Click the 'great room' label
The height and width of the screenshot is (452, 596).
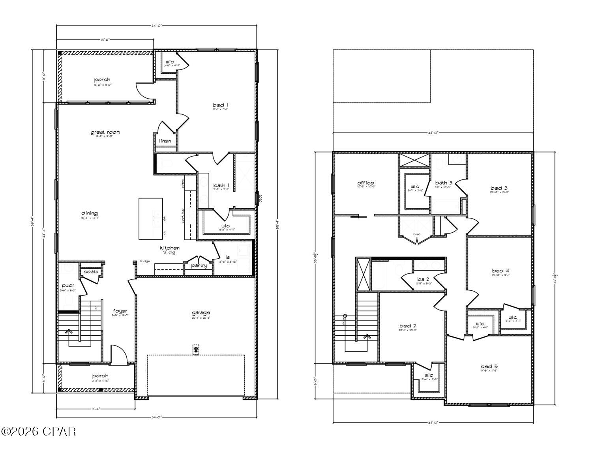coord(105,132)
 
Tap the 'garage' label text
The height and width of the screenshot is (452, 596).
coord(201,313)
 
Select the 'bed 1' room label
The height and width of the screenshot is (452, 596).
coord(221,105)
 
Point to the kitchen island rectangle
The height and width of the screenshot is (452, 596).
coord(150,219)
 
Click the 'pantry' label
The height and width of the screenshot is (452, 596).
coord(199,265)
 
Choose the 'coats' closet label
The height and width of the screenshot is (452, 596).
coord(91,272)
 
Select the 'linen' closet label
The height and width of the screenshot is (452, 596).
coord(165,141)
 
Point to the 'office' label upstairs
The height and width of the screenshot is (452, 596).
coord(365,183)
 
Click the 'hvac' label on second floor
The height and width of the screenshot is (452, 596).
coord(416,234)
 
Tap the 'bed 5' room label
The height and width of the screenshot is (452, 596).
coord(489,366)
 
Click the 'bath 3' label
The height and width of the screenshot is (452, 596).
coord(444,183)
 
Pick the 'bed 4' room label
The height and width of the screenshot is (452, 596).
coord(500,271)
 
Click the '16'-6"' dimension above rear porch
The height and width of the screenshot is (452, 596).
coord(105,39)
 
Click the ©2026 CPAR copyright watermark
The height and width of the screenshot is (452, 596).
coord(38,431)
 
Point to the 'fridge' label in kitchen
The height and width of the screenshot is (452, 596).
coord(144,261)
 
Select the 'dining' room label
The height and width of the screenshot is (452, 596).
coord(90,213)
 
